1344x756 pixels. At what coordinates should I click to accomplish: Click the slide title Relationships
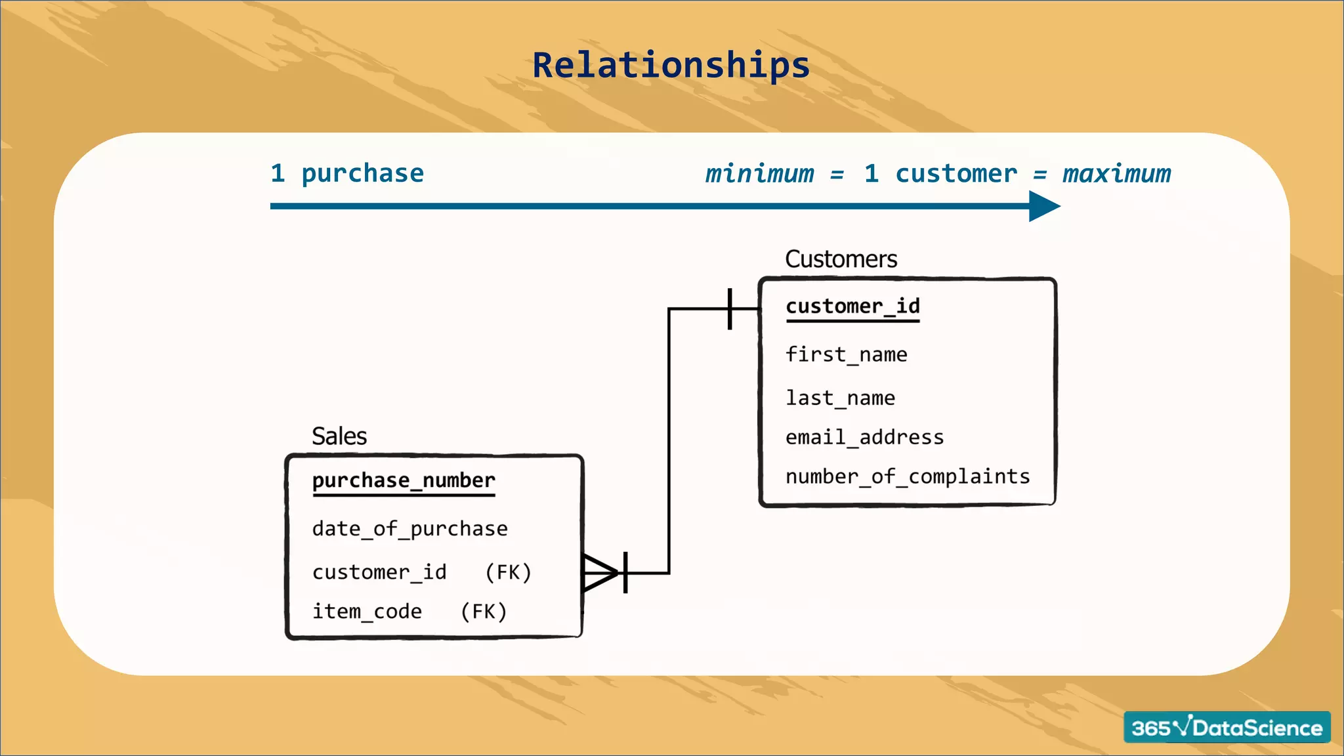click(671, 65)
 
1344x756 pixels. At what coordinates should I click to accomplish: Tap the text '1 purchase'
click(347, 173)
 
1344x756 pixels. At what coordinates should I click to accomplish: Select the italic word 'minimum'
click(759, 174)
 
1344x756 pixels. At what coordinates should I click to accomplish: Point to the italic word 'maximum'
click(1116, 174)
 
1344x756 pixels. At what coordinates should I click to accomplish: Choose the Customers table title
click(841, 259)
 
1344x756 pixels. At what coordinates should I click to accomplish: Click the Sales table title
click(339, 436)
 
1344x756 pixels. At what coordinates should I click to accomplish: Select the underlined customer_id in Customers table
click(852, 306)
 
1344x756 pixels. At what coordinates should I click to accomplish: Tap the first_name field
click(846, 355)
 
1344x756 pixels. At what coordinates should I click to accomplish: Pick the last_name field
click(840, 398)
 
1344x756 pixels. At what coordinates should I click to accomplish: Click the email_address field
click(864, 438)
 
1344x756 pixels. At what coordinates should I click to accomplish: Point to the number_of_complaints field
click(908, 476)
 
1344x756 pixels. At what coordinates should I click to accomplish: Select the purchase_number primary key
click(404, 480)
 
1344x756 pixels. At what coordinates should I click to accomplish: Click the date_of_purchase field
click(409, 529)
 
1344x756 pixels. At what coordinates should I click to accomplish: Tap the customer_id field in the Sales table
click(379, 572)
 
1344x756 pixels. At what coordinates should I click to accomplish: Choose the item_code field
click(367, 612)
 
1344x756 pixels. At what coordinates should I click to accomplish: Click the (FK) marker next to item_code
click(484, 612)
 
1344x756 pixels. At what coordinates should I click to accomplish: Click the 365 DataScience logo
click(1227, 727)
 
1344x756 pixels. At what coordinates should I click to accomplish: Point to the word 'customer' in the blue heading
click(955, 174)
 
